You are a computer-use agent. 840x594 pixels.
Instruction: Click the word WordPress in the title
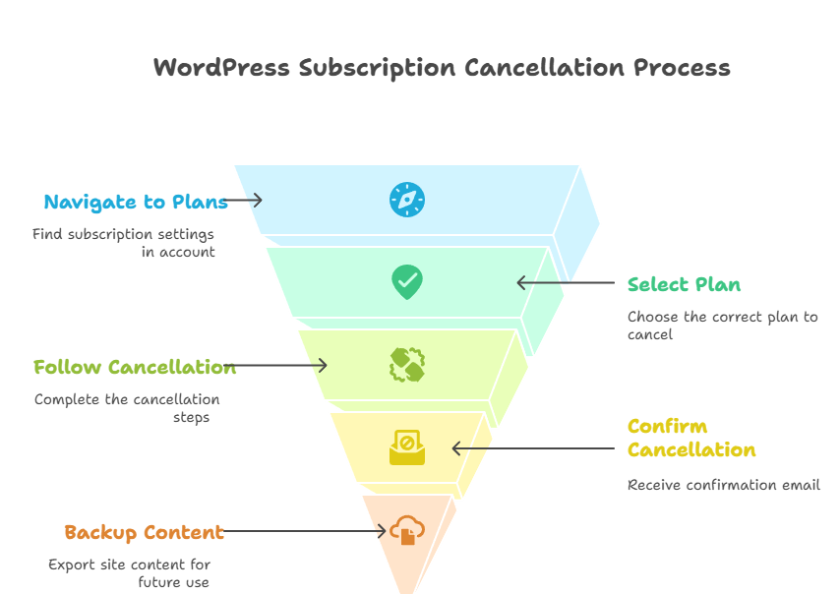click(221, 68)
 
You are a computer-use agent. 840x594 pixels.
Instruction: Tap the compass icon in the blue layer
click(406, 200)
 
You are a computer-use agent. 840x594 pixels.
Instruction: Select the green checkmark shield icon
click(406, 282)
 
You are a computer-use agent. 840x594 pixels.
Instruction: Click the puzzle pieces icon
click(406, 365)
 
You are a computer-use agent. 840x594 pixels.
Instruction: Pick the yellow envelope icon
click(406, 447)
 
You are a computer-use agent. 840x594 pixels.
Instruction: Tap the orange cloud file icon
click(406, 531)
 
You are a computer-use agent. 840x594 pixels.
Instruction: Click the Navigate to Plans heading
click(136, 202)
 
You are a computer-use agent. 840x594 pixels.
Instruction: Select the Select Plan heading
click(684, 284)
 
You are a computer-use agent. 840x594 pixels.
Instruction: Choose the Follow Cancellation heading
click(135, 367)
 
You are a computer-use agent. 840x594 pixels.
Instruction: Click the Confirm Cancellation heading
click(690, 438)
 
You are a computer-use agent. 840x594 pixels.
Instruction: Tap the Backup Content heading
click(144, 532)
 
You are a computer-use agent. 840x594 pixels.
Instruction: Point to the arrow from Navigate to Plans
click(245, 200)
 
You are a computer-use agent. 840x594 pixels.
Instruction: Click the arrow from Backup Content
click(305, 531)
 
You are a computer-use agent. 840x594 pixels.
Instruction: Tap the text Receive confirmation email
click(723, 485)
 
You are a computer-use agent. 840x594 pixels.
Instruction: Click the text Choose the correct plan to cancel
click(722, 326)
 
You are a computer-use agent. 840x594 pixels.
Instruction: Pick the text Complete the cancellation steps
click(127, 408)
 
